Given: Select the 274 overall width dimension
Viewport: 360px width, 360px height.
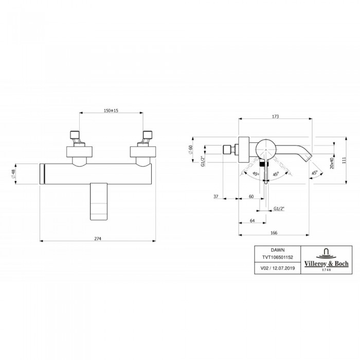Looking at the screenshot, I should point(97,238).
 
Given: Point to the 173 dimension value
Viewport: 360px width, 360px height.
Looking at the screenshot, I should point(275,117).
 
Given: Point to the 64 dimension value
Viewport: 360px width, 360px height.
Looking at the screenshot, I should point(252,221).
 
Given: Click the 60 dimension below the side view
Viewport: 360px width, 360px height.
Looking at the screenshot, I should point(251,196).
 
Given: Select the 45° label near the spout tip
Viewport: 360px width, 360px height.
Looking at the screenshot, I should point(314,173).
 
